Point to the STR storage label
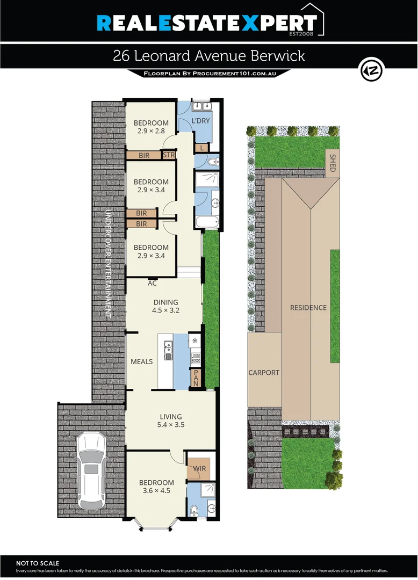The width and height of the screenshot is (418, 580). pyautogui.click(x=169, y=155)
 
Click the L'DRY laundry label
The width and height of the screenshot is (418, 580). pyautogui.click(x=201, y=122)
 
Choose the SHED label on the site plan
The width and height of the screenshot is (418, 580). pyautogui.click(x=333, y=163)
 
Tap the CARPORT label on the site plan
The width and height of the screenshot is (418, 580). pyautogui.click(x=264, y=372)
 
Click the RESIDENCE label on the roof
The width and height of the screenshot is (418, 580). pyautogui.click(x=308, y=308)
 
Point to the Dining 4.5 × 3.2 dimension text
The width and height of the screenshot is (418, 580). pyautogui.click(x=165, y=310)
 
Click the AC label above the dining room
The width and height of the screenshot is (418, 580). pyautogui.click(x=152, y=283)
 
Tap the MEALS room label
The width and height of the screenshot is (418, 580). pyautogui.click(x=142, y=361)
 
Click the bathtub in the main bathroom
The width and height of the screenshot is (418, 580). pyautogui.click(x=206, y=222)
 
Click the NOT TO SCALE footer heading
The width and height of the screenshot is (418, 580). pyautogui.click(x=34, y=563)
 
